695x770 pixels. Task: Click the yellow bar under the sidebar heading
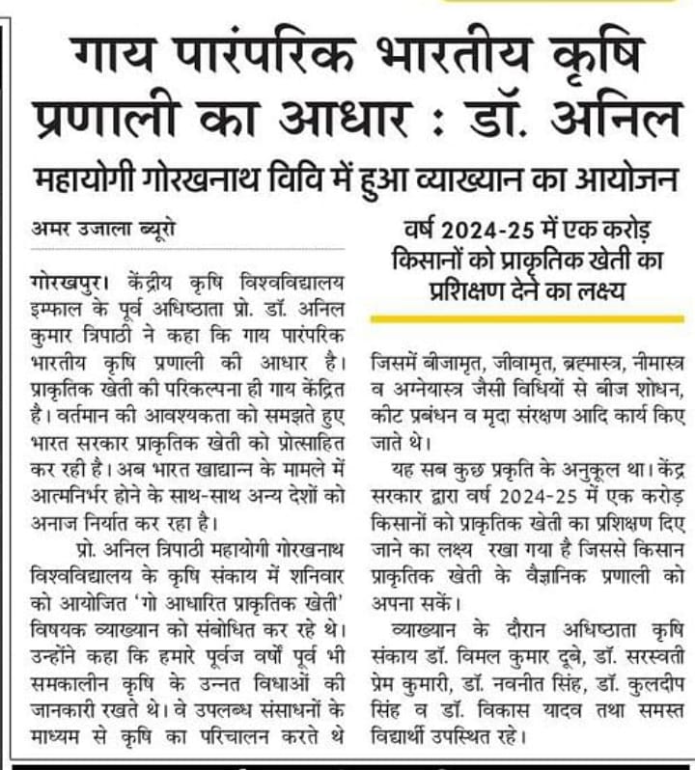coord(527,318)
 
